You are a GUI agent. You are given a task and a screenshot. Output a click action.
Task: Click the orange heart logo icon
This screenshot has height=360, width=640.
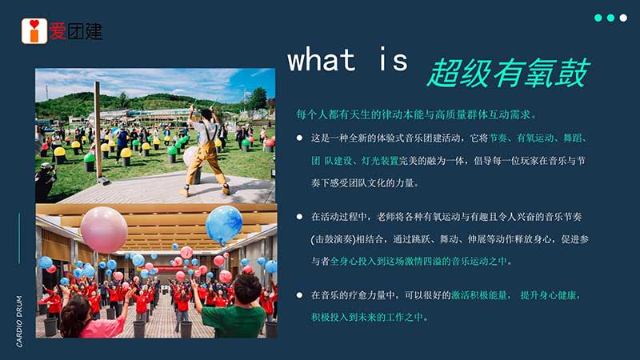(34, 31)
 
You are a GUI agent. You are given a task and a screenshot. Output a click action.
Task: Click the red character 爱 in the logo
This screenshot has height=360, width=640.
(58, 31)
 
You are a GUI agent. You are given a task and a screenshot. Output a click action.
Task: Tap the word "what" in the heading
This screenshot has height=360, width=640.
(322, 59)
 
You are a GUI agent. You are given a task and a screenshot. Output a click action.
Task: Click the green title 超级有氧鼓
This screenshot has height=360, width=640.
(509, 73)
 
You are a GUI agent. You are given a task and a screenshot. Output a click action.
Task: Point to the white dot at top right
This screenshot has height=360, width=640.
(623, 18)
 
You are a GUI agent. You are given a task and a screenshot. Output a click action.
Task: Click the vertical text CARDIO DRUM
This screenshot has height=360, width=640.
(19, 322)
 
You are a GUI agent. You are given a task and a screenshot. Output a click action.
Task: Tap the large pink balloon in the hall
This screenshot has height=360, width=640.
(104, 230)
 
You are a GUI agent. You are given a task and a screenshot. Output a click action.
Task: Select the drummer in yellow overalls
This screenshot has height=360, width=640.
(206, 150)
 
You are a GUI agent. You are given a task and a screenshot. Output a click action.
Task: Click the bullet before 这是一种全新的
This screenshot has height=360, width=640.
(299, 138)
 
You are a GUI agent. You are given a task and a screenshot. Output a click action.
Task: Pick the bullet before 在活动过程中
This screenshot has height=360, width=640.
(299, 216)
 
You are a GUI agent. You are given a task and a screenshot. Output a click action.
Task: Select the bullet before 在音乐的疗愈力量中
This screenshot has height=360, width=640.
(299, 294)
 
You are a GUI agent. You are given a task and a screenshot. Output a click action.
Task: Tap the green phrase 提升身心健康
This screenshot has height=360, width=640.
(548, 294)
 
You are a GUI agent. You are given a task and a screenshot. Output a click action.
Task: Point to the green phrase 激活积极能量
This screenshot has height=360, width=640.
(479, 294)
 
